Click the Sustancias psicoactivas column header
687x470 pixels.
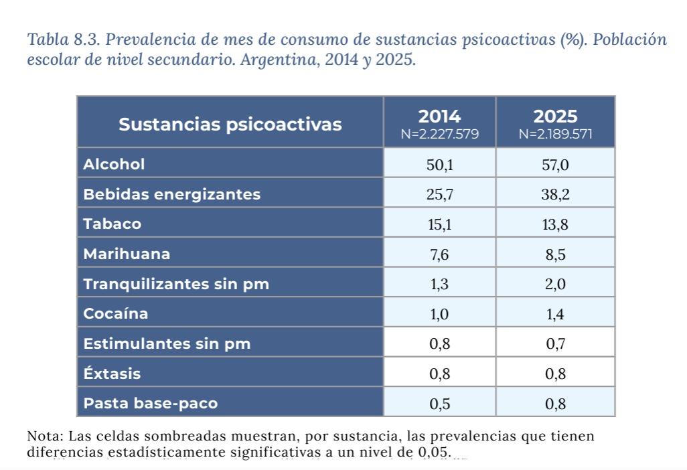pos(230,124)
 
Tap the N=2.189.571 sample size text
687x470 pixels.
pos(555,134)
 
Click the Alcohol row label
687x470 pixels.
pos(114,164)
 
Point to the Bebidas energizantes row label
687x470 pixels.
pos(171,194)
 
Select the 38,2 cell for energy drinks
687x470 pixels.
pos(555,195)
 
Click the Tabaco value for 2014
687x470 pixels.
pos(439,224)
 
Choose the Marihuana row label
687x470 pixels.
pos(127,254)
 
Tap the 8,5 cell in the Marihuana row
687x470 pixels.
pos(555,254)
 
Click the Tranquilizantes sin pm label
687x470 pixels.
pos(176,284)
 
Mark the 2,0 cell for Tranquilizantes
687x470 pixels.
pos(555,285)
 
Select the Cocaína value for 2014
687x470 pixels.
pos(439,314)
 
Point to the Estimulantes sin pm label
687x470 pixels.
pos(167,344)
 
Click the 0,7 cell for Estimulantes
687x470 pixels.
pos(555,344)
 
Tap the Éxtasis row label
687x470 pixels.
pos(112,374)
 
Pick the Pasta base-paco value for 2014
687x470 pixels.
pos(439,404)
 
